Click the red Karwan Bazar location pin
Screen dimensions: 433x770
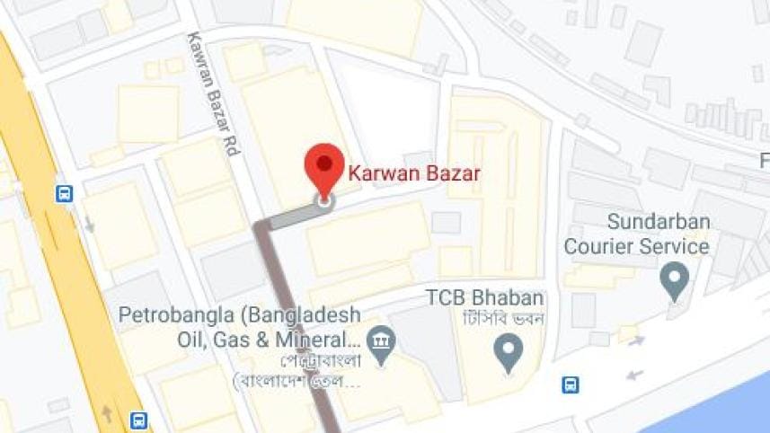[323, 167]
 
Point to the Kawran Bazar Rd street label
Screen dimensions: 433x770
[212, 95]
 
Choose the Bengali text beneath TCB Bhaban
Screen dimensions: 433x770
[500, 320]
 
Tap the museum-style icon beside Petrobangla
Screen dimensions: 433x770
[382, 341]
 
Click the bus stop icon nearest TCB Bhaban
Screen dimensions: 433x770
[570, 385]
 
